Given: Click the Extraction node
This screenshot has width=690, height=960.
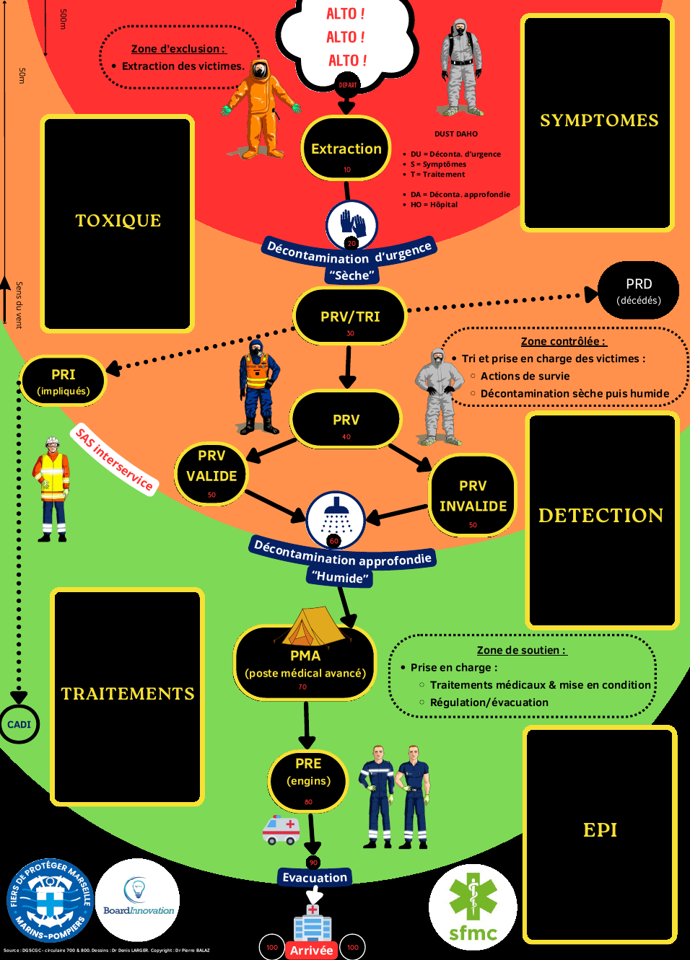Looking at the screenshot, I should pyautogui.click(x=346, y=149).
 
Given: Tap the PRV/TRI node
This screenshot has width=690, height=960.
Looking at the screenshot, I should pyautogui.click(x=350, y=316).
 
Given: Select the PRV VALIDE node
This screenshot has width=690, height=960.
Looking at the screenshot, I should pyautogui.click(x=211, y=473).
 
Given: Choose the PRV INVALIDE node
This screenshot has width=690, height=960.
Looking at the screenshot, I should pyautogui.click(x=473, y=496).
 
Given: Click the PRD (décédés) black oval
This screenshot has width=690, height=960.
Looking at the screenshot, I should pyautogui.click(x=639, y=290).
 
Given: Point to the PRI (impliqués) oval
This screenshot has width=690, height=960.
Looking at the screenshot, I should pyautogui.click(x=64, y=381).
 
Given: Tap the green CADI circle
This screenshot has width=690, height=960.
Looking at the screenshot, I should pyautogui.click(x=19, y=724).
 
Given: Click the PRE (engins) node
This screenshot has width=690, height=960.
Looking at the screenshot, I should pyautogui.click(x=308, y=780).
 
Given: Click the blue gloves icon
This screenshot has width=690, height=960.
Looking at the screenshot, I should pyautogui.click(x=352, y=225).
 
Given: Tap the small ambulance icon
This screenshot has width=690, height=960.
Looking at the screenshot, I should pyautogui.click(x=281, y=829).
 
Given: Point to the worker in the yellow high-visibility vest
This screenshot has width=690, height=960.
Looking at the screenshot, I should pyautogui.click(x=52, y=489).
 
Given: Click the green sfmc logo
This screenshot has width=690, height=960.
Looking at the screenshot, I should pyautogui.click(x=473, y=907).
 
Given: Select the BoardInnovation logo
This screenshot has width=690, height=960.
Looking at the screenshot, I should pyautogui.click(x=138, y=899).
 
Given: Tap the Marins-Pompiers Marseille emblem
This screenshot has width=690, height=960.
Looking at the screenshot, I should pyautogui.click(x=50, y=901).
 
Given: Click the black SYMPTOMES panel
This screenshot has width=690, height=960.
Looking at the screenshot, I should pyautogui.click(x=599, y=121).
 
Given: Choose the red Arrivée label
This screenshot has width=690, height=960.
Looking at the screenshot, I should pyautogui.click(x=312, y=950).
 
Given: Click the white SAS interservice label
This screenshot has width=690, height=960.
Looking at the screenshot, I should pyautogui.click(x=115, y=459).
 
